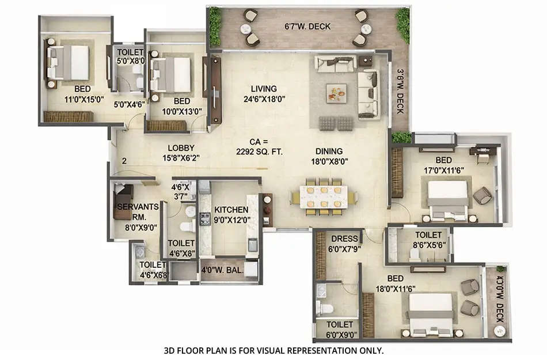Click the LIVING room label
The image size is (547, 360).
tap(264, 89)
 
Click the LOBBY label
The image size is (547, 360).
tap(180, 147)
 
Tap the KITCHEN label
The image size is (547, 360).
tap(231, 210)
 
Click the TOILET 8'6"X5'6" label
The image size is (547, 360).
tap(428, 240)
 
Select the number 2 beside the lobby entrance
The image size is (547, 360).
tap(124, 161)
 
